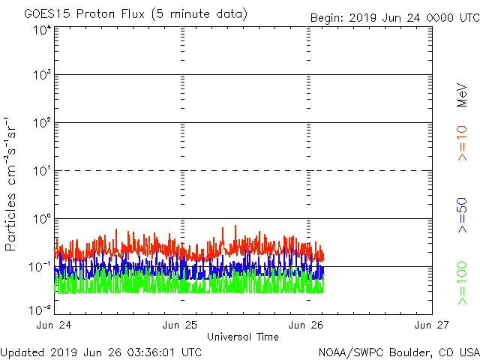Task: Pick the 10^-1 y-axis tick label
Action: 42,266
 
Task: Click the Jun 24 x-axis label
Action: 54,325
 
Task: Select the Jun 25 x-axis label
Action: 181,325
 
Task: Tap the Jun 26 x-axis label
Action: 307,325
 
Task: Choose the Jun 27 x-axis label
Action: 432,325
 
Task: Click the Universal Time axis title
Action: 243,337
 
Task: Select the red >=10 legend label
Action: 463,143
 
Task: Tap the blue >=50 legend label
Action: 463,217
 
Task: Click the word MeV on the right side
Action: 463,94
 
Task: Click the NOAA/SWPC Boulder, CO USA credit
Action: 398,351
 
